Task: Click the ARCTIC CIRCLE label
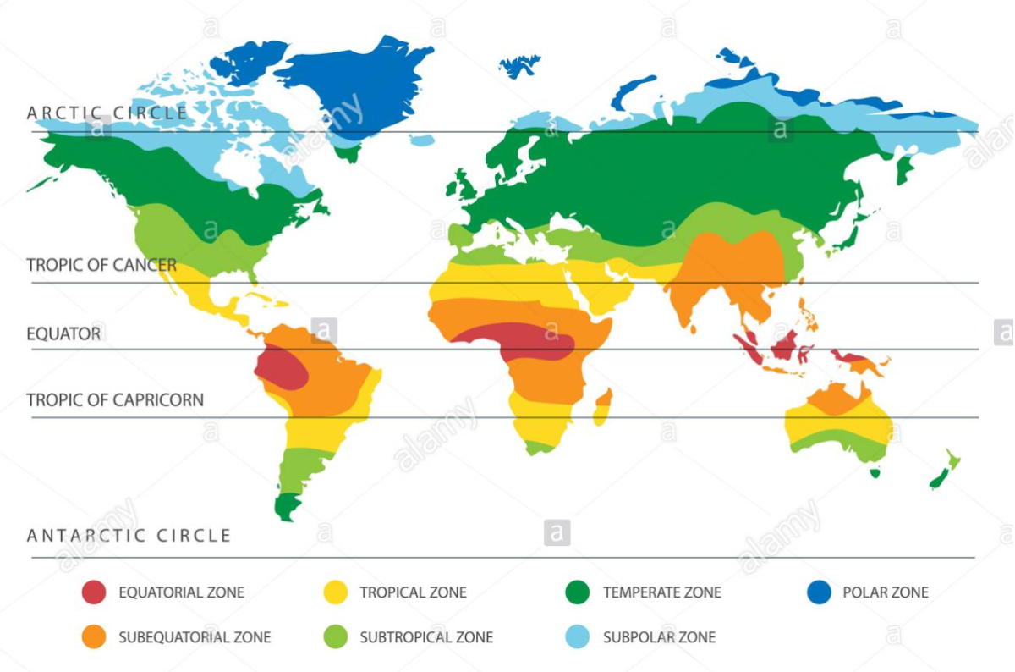tap(107, 113)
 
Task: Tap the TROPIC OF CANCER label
tap(101, 265)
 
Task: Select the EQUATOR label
tap(63, 333)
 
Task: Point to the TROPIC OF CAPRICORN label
tap(115, 399)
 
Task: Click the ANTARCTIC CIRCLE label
tap(129, 535)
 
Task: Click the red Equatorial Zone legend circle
tap(94, 592)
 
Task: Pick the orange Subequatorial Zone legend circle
tap(94, 636)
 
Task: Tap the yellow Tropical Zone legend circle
tap(336, 592)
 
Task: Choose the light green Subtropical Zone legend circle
tap(336, 636)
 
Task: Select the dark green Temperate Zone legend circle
tap(577, 592)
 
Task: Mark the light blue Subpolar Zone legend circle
tap(577, 636)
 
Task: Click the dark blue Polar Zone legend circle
tap(819, 592)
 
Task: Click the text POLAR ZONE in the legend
tap(885, 592)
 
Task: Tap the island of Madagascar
tap(602, 406)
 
